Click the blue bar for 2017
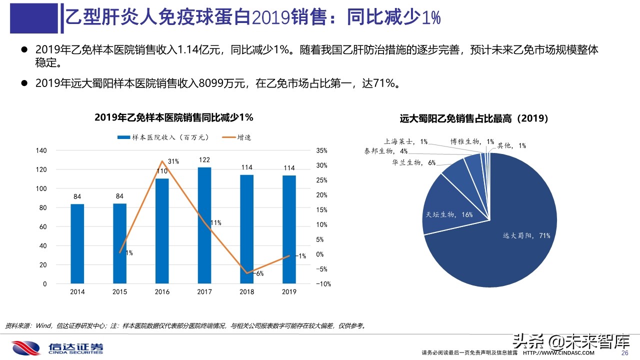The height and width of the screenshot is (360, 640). pos(204,225)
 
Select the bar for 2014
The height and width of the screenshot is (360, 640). pos(77,243)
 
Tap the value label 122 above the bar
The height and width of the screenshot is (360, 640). pos(204,160)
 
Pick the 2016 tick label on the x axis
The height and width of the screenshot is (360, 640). pos(162,292)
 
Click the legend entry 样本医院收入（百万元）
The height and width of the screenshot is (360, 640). pos(162,137)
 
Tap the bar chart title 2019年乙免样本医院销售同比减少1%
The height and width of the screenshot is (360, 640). pos(174,118)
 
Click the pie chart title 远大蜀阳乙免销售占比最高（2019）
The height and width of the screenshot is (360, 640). pos(474,119)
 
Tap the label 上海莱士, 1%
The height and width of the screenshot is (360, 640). pos(405,142)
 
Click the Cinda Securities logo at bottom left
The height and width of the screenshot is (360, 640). pos(57,347)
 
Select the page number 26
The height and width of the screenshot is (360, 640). pos(624,353)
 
